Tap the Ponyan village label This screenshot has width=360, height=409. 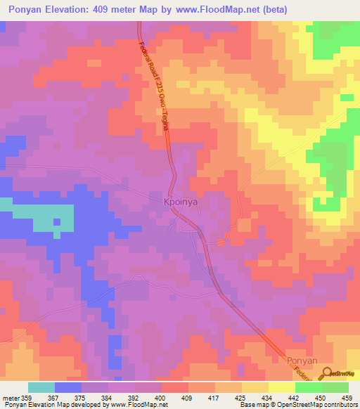[303, 360]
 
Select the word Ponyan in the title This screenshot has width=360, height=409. [31, 10]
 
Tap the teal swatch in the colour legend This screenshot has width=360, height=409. [41, 387]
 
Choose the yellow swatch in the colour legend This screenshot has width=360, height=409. [281, 387]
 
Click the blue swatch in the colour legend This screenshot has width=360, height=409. [68, 387]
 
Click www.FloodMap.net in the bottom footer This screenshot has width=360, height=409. [130, 404]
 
